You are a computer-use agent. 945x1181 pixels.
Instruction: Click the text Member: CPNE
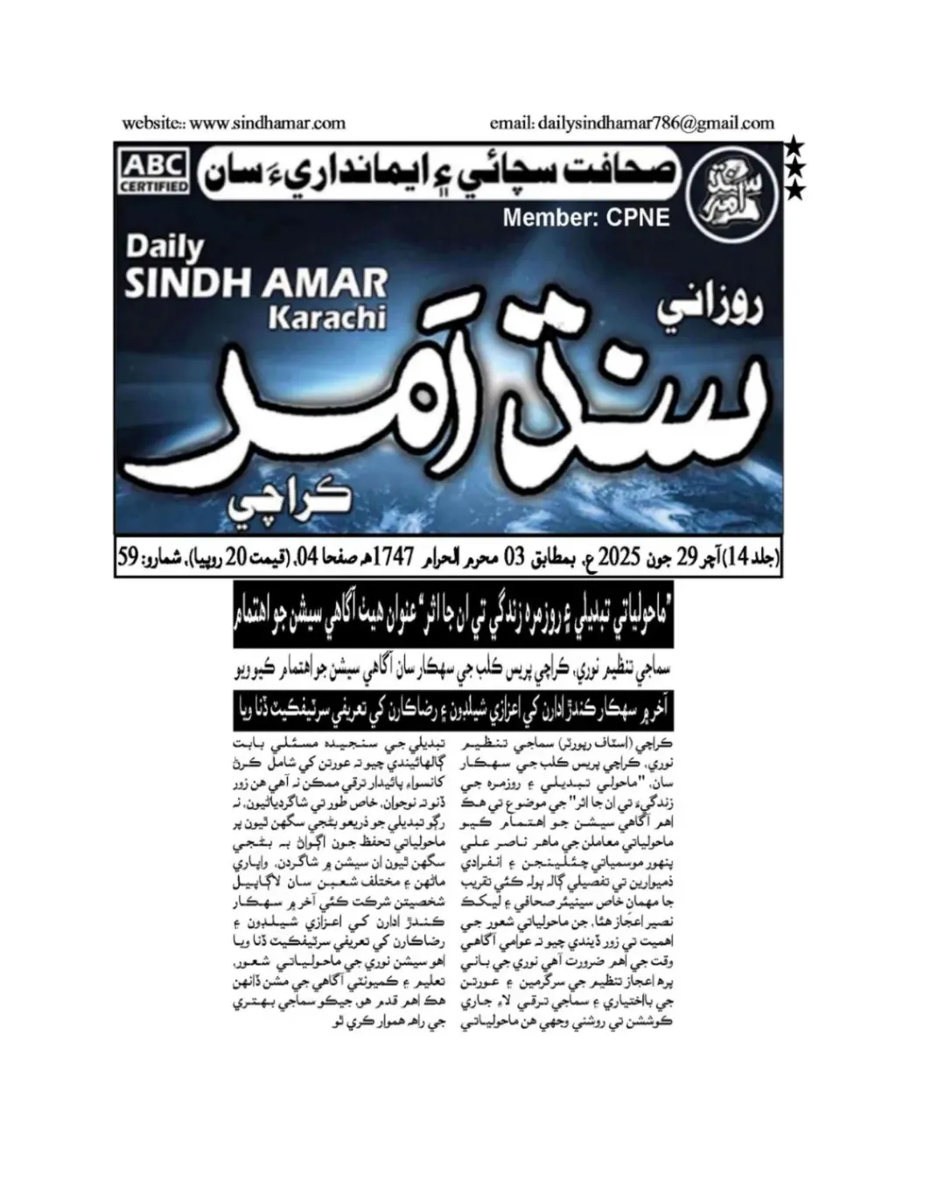click(586, 217)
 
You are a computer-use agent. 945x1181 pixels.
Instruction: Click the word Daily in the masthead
click(164, 248)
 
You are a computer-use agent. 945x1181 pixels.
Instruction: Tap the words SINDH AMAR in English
click(255, 283)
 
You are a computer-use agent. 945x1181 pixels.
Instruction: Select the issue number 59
click(129, 556)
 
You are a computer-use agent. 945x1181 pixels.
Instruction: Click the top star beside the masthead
click(792, 144)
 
